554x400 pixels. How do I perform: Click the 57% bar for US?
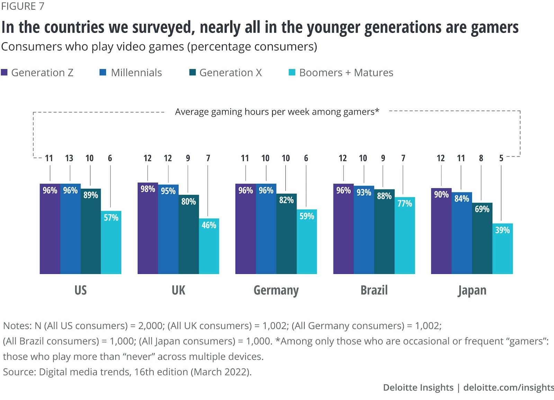coord(111,242)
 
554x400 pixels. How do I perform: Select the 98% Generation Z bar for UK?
coord(148,229)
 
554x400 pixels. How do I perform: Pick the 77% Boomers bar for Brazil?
coord(404,235)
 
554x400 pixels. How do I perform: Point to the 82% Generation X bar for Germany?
coord(286,234)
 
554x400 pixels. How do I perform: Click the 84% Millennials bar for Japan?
coord(462,233)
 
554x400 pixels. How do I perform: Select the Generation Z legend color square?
coord(5,72)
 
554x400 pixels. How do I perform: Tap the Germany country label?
coord(276,290)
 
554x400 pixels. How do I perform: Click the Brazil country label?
coord(374,290)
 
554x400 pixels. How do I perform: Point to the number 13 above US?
coord(69,158)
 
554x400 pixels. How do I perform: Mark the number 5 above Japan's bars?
coord(501,158)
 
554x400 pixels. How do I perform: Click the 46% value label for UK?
coord(209,225)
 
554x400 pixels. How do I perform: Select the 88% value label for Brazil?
coord(384,196)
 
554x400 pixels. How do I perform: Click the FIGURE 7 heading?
coord(23,6)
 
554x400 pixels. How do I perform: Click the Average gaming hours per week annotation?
coord(277,112)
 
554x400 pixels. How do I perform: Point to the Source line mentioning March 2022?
coord(127,372)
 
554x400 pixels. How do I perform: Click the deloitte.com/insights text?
coord(508,388)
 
